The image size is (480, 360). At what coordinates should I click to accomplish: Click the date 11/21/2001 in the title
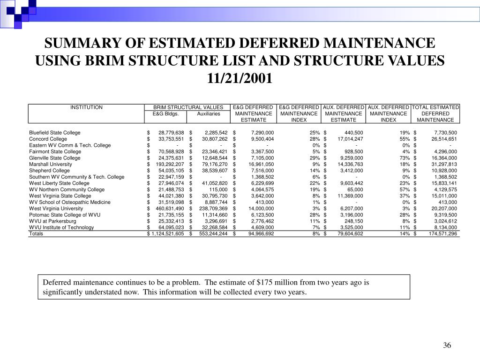(240, 78)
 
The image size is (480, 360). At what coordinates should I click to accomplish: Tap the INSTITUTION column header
(86, 107)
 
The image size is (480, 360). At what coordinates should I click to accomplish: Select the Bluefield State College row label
(55, 133)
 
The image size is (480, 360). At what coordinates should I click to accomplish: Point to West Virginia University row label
(56, 209)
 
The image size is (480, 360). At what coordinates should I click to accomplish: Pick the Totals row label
(36, 233)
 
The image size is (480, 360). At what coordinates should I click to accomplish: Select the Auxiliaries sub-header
(209, 114)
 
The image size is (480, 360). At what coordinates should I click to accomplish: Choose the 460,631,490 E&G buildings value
(168, 209)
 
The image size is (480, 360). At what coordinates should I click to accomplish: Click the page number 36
(447, 346)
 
